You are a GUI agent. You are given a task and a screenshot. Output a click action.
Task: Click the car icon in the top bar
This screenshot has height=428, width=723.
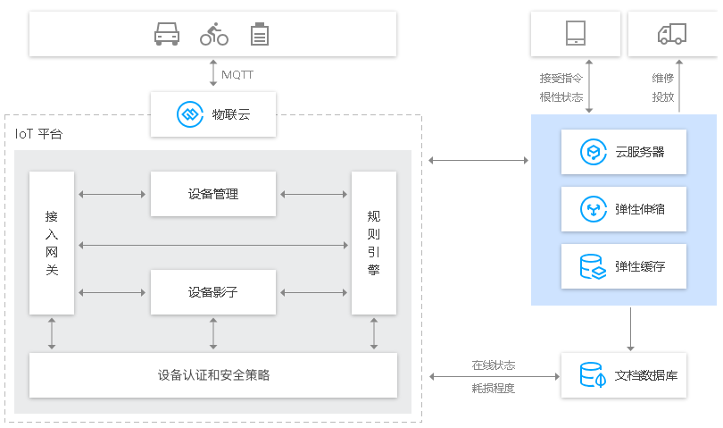pos(167,34)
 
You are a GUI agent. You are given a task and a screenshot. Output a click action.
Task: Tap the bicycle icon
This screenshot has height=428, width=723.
pos(213,34)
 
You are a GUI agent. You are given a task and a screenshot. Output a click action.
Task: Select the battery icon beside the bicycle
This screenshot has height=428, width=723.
pos(260,34)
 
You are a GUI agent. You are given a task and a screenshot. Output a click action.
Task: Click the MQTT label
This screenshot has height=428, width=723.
pos(237,74)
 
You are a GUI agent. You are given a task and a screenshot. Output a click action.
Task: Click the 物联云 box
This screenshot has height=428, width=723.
pos(212,113)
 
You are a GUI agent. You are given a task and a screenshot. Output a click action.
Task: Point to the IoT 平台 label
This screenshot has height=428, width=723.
pos(39,134)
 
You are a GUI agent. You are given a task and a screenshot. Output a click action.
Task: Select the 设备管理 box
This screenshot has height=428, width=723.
pos(212,193)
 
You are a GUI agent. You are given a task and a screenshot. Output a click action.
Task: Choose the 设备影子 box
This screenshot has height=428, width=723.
pos(212,291)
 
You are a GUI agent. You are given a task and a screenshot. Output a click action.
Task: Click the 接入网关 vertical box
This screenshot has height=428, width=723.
pos(52,242)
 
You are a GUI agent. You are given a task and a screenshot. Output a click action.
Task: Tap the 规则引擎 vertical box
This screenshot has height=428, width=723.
pos(373,242)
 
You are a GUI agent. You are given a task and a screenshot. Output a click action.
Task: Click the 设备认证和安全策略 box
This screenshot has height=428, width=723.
pos(212,374)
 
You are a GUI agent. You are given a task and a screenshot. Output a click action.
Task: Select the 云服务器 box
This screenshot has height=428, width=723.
pos(624,152)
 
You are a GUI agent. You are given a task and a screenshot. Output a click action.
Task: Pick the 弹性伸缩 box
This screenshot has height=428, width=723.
pos(624,210)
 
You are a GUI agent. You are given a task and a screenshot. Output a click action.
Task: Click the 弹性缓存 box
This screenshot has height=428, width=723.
pos(624,266)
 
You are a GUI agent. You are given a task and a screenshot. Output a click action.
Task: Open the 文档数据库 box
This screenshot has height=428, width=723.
pos(624,374)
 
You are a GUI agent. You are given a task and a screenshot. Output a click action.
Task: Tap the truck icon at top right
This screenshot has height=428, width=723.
pos(671,34)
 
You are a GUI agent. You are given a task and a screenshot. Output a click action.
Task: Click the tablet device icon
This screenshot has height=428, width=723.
pos(575,33)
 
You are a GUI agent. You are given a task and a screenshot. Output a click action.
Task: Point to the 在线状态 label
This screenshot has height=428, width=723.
pos(494,365)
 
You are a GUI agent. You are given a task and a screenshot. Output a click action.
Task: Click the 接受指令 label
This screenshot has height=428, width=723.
pos(561,78)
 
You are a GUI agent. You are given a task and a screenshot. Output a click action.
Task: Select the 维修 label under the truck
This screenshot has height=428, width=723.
pos(662,78)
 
